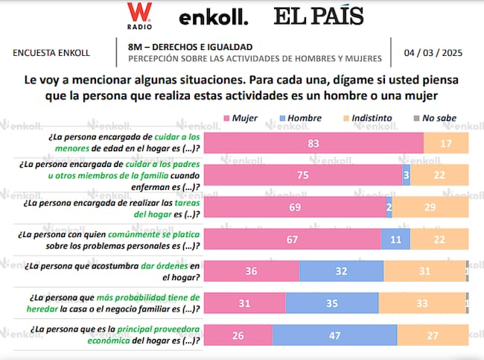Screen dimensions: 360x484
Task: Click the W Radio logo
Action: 136,16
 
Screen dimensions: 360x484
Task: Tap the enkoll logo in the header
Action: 214,16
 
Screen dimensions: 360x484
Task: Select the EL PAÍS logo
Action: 318,16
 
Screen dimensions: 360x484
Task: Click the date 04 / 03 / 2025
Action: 433,53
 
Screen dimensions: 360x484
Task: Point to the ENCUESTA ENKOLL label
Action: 52,53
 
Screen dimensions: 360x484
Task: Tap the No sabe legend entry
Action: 436,118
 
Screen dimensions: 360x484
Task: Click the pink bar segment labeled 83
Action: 313,142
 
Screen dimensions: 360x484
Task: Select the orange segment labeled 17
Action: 446,142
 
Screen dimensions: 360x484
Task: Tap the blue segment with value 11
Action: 395,239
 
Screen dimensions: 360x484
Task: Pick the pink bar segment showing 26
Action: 238,334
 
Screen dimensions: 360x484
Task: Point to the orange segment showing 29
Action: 430,206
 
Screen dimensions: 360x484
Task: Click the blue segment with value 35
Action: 331,302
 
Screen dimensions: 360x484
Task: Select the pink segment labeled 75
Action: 302,174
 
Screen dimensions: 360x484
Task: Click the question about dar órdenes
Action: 112,271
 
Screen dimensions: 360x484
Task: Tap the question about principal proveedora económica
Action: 112,335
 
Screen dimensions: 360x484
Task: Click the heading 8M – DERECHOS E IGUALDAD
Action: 190,47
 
